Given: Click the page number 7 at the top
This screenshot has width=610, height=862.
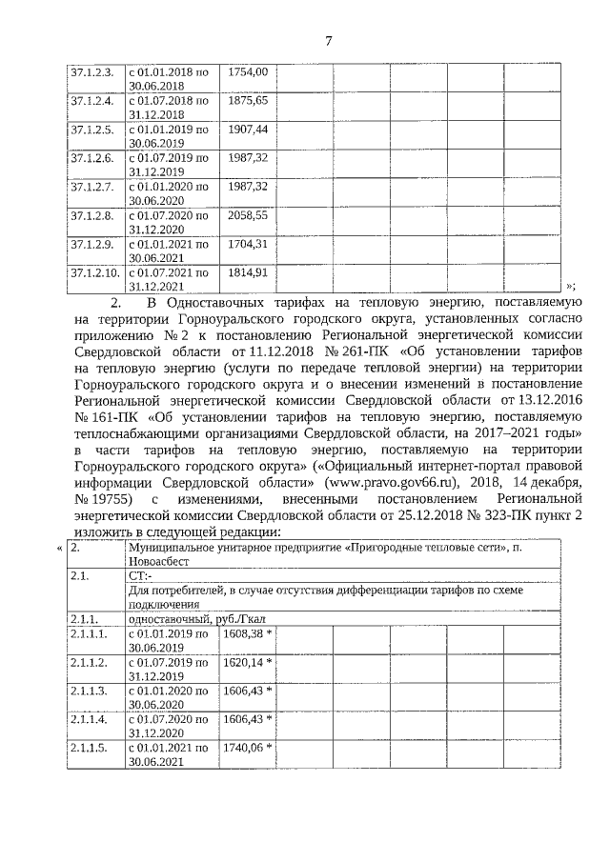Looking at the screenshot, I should click(x=328, y=41).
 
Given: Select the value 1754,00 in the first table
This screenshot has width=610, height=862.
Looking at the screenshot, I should click(x=249, y=71).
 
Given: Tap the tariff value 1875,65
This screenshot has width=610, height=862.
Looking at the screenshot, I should click(x=249, y=100).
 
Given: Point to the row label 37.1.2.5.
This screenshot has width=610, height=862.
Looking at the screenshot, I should click(x=92, y=129).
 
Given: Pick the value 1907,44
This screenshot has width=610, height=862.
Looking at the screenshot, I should click(x=249, y=129).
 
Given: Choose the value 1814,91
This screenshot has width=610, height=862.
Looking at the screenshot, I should click(x=249, y=272).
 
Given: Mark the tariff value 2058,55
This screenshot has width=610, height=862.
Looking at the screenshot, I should click(x=249, y=215).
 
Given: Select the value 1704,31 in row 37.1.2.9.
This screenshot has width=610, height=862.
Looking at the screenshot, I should click(x=249, y=244).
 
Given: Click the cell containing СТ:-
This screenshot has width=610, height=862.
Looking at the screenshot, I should click(x=139, y=576).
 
